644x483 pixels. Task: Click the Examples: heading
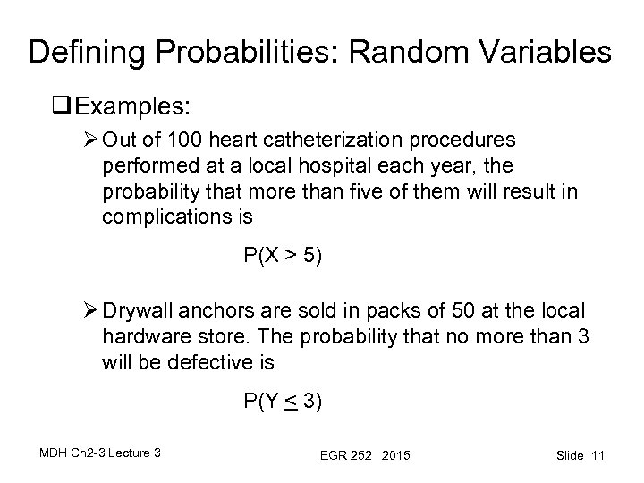coord(132,106)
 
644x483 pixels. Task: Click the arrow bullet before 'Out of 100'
coord(89,142)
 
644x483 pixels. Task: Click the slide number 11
coord(597,456)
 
